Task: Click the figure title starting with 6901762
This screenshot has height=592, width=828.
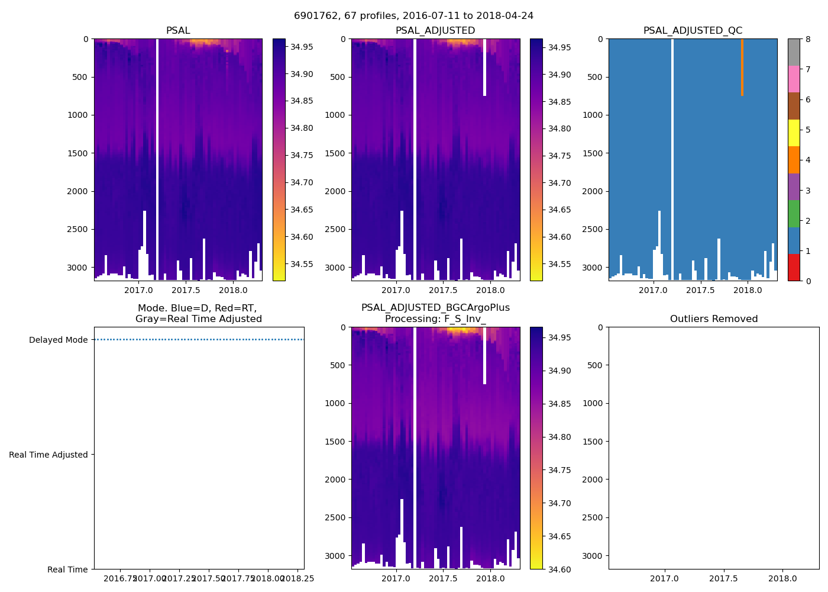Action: [413, 16]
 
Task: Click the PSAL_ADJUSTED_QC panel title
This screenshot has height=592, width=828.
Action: [693, 31]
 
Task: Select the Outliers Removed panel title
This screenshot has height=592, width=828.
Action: [713, 319]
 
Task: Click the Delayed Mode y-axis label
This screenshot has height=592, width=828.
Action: [58, 340]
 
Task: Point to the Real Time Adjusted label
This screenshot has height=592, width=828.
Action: [48, 455]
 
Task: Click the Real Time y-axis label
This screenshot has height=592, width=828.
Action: [67, 570]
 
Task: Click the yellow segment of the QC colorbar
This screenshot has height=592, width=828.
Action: [794, 133]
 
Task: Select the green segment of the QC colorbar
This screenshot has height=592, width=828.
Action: [794, 214]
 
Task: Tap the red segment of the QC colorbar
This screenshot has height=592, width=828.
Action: [794, 268]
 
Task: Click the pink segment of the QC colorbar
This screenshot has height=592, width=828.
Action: [794, 79]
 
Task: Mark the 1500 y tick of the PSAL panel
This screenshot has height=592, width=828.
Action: [77, 153]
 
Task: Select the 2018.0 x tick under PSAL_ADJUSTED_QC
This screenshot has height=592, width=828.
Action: [748, 290]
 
